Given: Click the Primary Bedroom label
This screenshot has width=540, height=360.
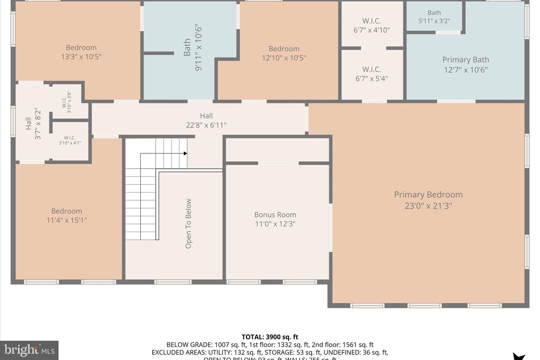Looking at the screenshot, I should pos(428,195).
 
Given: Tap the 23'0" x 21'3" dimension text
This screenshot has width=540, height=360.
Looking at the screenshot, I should pos(428,205).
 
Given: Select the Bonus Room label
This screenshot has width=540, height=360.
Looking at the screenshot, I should pos(275,215).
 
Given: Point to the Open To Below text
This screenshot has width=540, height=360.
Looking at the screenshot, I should pos(188,223).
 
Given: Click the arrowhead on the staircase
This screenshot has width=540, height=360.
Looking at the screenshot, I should pos(185,153).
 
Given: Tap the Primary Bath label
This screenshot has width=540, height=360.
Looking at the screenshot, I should pos(465,60).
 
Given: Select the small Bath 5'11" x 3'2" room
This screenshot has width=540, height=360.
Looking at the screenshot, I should pos(434,17).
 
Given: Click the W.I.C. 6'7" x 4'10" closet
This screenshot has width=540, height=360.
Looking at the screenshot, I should pos(372,25).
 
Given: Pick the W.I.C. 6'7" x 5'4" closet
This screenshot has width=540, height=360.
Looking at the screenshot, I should pos(372,74).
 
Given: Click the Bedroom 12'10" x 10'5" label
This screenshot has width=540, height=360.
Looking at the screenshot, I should pos(284,49).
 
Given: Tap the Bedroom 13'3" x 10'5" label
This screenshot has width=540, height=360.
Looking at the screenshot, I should pos(81,48).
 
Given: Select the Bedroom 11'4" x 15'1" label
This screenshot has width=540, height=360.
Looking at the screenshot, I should pos(66,211).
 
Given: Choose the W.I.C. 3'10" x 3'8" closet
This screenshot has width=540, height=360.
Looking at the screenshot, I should pos(66,102).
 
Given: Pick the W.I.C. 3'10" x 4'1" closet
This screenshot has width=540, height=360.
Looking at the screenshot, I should pos(70,140).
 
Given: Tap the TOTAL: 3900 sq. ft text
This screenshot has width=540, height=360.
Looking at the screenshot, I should pos(270,337).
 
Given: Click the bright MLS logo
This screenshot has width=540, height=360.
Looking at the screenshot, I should pos(29,350).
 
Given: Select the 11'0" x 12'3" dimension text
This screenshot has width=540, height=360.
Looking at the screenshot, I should pos(275,224).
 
